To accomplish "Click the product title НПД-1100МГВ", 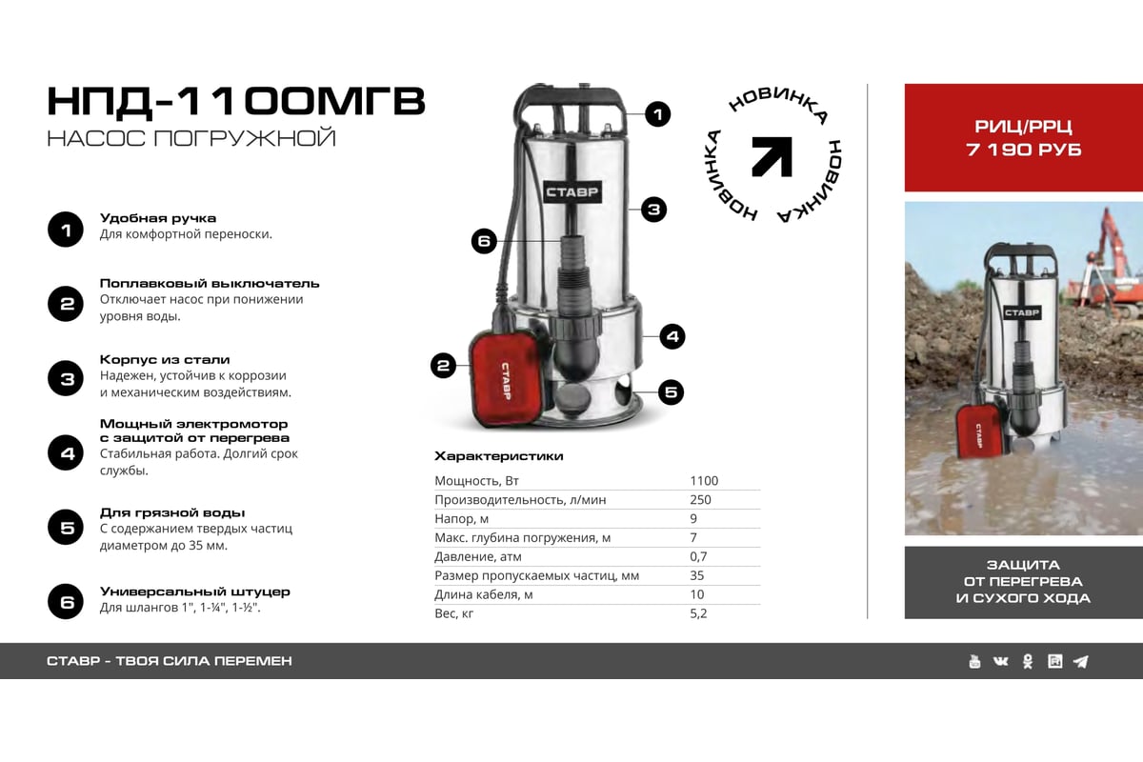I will pos(235,101).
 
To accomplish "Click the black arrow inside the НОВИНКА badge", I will pos(772,156).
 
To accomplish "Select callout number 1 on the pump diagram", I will pos(657,115).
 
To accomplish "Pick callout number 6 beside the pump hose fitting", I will pos(484,241).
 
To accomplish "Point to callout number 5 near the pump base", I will pos(672,391).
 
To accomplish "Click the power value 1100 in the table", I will pos(704,481).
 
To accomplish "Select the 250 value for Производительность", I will pos(700,500).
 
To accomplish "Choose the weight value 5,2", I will pos(698,613).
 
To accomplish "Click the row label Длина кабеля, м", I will pos(483,594).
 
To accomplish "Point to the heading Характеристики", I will pos(498,456).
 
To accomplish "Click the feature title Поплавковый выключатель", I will pos(210,283).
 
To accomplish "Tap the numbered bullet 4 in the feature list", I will pos(67,452).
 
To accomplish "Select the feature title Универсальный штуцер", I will pos(194,592).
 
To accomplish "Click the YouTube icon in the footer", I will pos(974,661).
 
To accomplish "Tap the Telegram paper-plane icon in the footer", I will pos(1080,661).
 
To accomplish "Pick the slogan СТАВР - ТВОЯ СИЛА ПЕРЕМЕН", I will pos(169,661).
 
